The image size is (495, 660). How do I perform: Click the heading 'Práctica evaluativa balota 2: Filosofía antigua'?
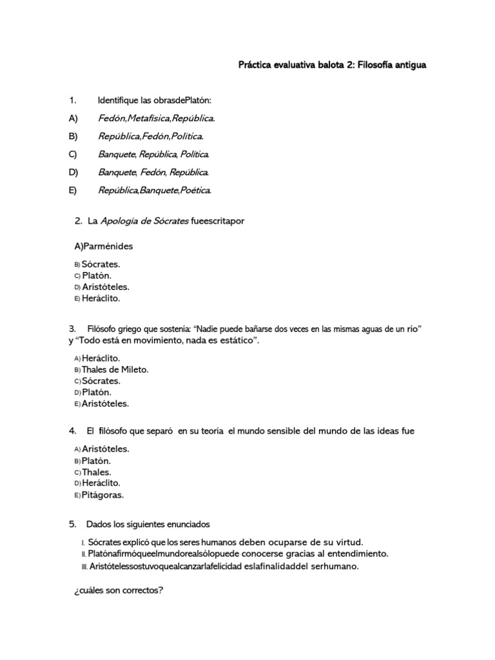(x=333, y=65)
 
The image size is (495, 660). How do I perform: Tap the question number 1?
(x=73, y=100)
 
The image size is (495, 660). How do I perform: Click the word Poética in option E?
(x=196, y=190)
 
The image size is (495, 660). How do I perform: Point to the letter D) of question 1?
(x=73, y=172)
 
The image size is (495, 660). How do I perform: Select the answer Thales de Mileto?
(x=115, y=369)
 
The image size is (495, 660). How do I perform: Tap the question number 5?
(x=73, y=523)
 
